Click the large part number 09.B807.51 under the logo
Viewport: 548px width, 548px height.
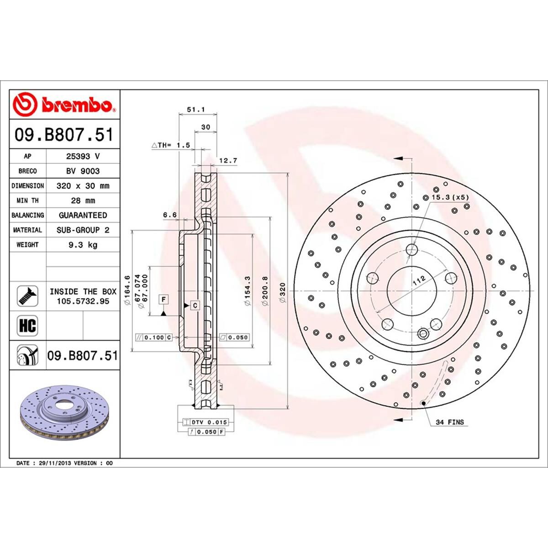tap(64, 135)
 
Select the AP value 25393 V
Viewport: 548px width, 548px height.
tap(83, 156)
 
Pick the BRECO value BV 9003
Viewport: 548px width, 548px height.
tap(83, 171)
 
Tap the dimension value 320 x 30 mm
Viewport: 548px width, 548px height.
tap(83, 186)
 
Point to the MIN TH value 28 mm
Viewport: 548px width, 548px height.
tap(83, 200)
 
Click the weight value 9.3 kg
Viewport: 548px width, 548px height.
tap(83, 245)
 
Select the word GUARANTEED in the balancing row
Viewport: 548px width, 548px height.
tap(83, 215)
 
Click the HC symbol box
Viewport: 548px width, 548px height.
tap(27, 326)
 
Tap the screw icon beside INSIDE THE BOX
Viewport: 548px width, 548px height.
tap(27, 296)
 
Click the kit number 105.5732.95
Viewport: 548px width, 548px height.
tap(83, 301)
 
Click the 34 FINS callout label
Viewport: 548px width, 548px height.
tap(449, 422)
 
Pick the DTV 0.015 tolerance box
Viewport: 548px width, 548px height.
tap(209, 422)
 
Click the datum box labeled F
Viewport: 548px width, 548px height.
tap(163, 300)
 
